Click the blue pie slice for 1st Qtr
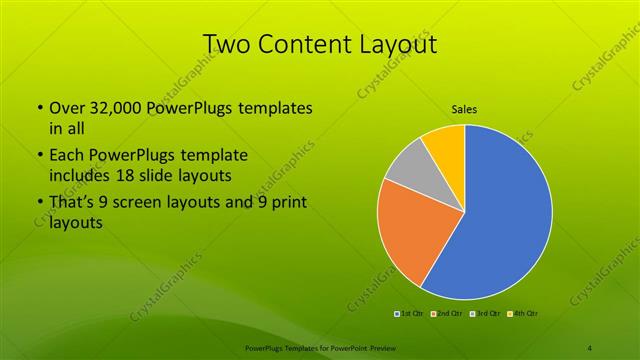(500, 215)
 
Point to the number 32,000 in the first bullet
(118, 107)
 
